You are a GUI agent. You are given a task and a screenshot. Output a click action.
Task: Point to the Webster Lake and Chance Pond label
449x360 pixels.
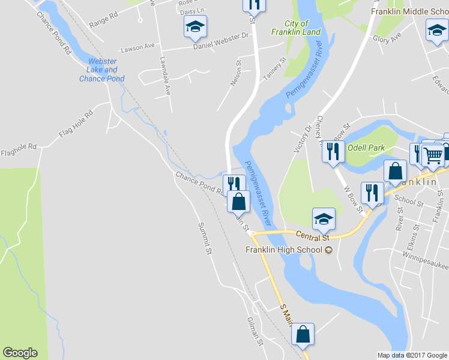pyautogui.click(x=102, y=70)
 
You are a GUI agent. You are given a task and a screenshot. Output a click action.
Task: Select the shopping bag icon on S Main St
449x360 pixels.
pyautogui.click(x=303, y=334)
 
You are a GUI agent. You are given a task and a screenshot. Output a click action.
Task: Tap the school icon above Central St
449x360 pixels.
pyautogui.click(x=324, y=220)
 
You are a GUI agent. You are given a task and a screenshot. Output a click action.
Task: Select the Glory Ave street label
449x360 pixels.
pyautogui.click(x=387, y=38)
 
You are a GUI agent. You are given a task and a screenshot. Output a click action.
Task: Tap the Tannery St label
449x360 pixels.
pyautogui.click(x=275, y=70)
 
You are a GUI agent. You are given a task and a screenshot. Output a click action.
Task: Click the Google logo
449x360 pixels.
pyautogui.click(x=20, y=353)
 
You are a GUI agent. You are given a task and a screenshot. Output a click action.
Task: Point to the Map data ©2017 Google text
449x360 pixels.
pyautogui.click(x=412, y=355)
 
